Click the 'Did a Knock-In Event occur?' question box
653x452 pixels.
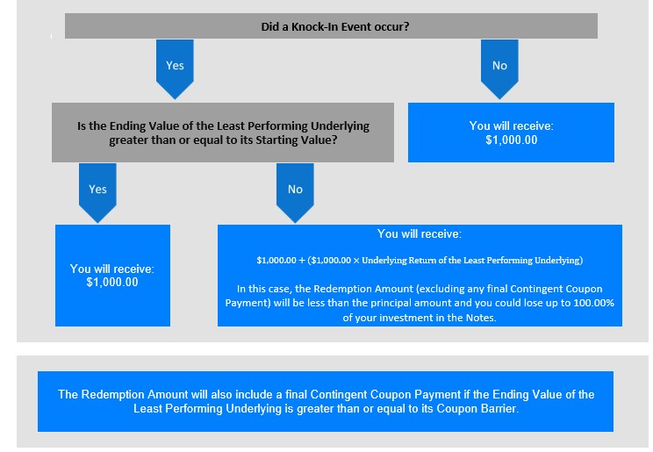coord(331,25)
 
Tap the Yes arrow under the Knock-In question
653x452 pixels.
coord(175,69)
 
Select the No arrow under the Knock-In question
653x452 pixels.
coord(499,69)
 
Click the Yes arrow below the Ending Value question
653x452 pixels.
coord(97,193)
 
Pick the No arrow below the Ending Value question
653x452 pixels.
coord(295,193)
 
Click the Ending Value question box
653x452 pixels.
coord(223,133)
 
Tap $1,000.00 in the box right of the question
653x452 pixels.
coord(512,140)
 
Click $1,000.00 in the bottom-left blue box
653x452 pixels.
coord(112,283)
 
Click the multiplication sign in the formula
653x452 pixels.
coord(356,261)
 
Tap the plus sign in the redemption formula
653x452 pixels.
coord(302,261)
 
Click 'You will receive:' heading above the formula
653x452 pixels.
coord(420,234)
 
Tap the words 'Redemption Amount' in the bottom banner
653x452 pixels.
coord(134,394)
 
